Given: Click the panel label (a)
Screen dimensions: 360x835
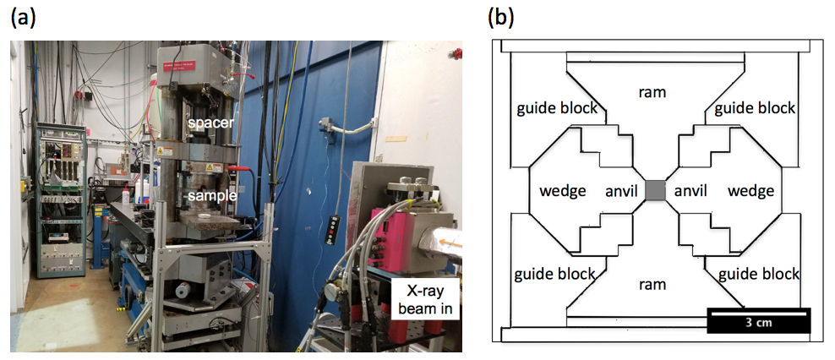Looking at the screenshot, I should point(23,19).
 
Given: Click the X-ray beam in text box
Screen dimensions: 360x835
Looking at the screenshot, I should point(427,301).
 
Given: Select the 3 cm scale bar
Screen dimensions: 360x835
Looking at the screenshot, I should point(758,321).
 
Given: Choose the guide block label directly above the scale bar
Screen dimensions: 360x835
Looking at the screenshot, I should point(758,275).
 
